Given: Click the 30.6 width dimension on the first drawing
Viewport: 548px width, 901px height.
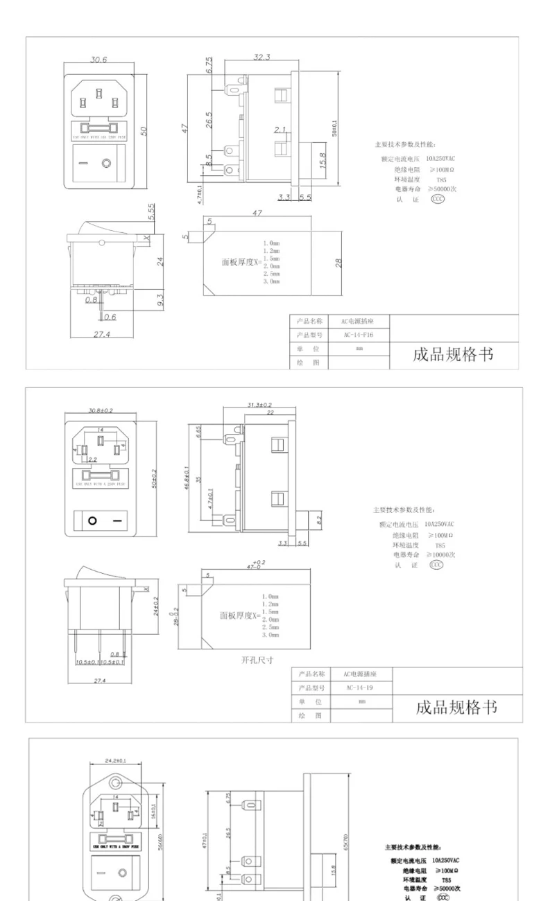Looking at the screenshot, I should point(99,60).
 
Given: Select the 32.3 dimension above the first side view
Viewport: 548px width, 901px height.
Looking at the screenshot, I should point(262,57).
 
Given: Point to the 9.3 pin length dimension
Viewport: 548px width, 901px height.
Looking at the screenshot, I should point(161,301).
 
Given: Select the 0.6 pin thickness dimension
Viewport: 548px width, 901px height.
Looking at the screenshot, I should point(110,317).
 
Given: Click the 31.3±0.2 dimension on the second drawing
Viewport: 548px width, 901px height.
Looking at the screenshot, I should point(259,404).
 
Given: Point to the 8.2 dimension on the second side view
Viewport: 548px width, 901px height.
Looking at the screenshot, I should point(318,520).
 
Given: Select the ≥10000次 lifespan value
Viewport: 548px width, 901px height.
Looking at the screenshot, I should point(441,554).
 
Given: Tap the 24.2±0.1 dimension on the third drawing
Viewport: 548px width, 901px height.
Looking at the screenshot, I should point(116,760).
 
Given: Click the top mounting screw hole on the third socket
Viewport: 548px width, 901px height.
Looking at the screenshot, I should point(116,783).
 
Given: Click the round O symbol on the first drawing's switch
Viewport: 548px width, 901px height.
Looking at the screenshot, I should point(106,164).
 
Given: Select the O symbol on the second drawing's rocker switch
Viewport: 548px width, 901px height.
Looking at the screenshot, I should point(92,520).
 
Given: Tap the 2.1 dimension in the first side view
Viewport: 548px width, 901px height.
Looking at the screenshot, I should point(279,130).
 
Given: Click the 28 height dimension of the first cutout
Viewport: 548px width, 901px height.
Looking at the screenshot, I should point(338,263).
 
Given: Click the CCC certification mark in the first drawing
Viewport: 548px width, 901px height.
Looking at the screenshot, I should point(438,198).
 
